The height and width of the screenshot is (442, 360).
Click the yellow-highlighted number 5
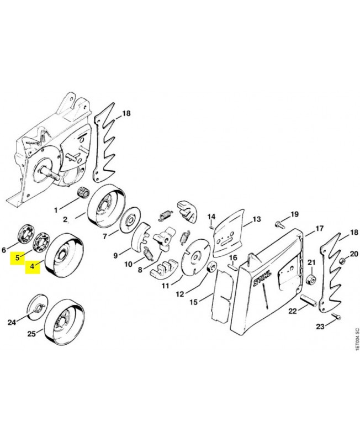tap(17, 258)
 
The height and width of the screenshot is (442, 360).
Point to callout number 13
tap(257, 219)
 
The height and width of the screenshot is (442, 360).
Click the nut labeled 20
tap(341, 260)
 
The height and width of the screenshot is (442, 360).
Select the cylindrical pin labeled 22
tap(309, 301)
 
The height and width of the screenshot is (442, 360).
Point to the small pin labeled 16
tap(232, 267)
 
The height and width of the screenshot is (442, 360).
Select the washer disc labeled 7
tap(130, 220)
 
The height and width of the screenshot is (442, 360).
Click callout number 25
tap(31, 334)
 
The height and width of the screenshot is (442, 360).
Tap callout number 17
tap(320, 228)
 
